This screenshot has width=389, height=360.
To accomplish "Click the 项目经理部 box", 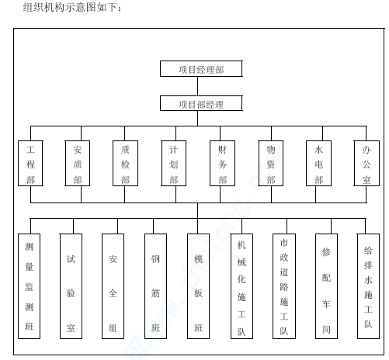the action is [x=201, y=69].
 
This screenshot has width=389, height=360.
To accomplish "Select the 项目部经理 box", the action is [x=201, y=103].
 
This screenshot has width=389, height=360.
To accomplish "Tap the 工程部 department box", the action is [x=30, y=164].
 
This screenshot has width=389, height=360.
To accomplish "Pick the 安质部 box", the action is [x=78, y=164].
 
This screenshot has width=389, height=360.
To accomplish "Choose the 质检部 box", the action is [x=125, y=164].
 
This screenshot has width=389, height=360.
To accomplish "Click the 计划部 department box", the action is [x=173, y=164].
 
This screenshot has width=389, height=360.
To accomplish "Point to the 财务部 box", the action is [x=222, y=164].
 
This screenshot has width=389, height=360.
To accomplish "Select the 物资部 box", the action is [x=271, y=164].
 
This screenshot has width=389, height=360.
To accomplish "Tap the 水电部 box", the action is [x=318, y=164].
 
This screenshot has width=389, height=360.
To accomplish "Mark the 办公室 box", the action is [x=366, y=164].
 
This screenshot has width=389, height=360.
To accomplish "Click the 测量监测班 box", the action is [x=29, y=286].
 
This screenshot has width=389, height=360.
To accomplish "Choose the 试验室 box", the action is [x=71, y=286].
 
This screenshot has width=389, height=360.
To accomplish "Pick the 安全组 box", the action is [x=113, y=286].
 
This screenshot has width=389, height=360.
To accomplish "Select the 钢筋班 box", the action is [x=155, y=286].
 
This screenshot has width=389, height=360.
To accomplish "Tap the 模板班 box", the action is [x=198, y=286].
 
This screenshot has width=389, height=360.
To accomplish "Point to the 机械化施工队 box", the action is [x=241, y=286].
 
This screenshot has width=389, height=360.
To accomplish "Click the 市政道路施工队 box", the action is [x=284, y=286].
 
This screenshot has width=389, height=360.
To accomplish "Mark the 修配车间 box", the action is [x=326, y=286].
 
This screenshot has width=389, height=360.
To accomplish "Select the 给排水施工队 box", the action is [x=368, y=286].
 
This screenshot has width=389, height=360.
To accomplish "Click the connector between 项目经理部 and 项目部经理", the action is [x=198, y=86].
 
